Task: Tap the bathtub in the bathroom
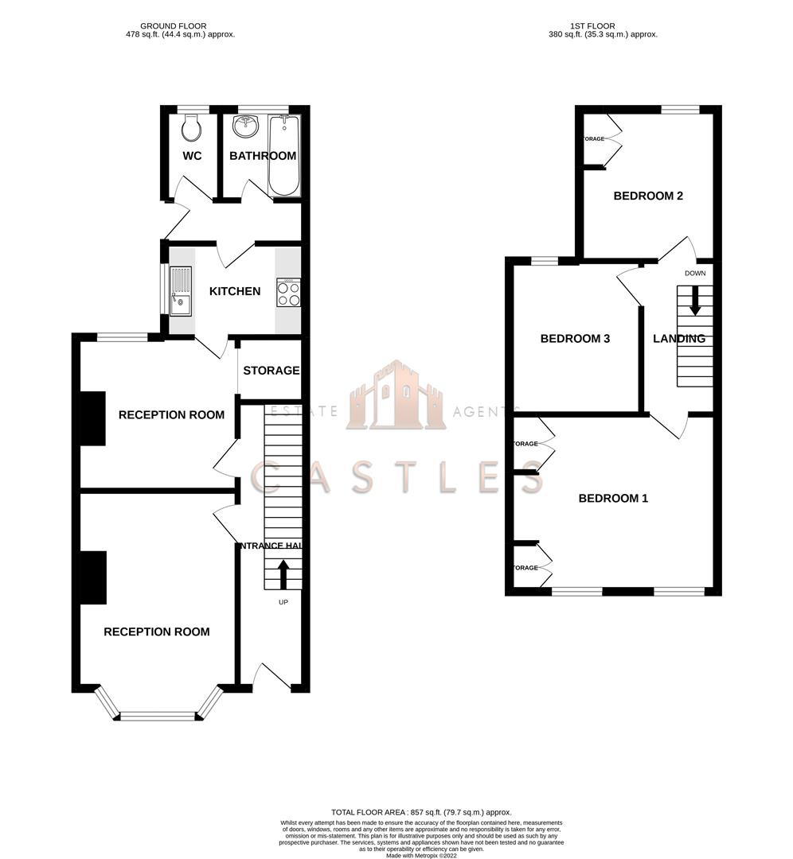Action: tap(284, 156)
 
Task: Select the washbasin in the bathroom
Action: tap(244, 126)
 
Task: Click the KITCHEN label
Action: tap(234, 291)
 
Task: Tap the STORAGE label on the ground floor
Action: tap(271, 371)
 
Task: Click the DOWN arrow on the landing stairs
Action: tap(694, 300)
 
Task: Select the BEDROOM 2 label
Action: tap(648, 196)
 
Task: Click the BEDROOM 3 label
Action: tap(575, 339)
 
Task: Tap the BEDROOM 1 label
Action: tap(613, 499)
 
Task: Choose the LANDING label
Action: tap(678, 339)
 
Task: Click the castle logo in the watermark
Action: tap(396, 395)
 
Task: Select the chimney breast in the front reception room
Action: tap(92, 577)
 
